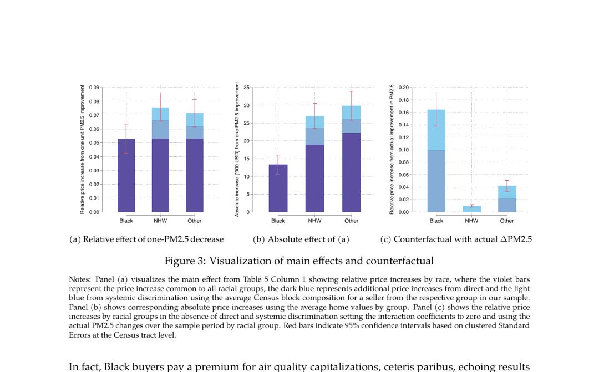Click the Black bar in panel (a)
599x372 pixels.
coord(126,175)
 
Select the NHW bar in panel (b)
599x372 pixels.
coord(315,164)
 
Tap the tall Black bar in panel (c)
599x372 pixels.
coord(436,161)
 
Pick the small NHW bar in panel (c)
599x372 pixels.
coord(472,209)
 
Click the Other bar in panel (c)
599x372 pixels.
coord(507,199)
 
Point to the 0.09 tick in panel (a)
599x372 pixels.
coord(94,88)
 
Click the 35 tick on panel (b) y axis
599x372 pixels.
coord(246,88)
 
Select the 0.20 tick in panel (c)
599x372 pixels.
coord(403,88)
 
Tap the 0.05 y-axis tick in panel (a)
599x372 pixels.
coord(94,143)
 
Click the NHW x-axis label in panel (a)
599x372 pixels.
coord(160,221)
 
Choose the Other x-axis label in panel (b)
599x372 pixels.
coord(352,221)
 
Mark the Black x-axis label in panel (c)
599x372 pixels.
coord(436,221)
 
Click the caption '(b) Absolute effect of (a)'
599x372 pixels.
coord(301,239)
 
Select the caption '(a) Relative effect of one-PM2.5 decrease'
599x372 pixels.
coord(146,239)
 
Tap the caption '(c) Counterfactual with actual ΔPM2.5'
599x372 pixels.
coord(456,239)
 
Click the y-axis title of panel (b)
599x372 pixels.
coord(237,149)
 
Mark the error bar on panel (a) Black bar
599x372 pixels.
coord(126,139)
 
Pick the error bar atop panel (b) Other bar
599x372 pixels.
coord(352,105)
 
